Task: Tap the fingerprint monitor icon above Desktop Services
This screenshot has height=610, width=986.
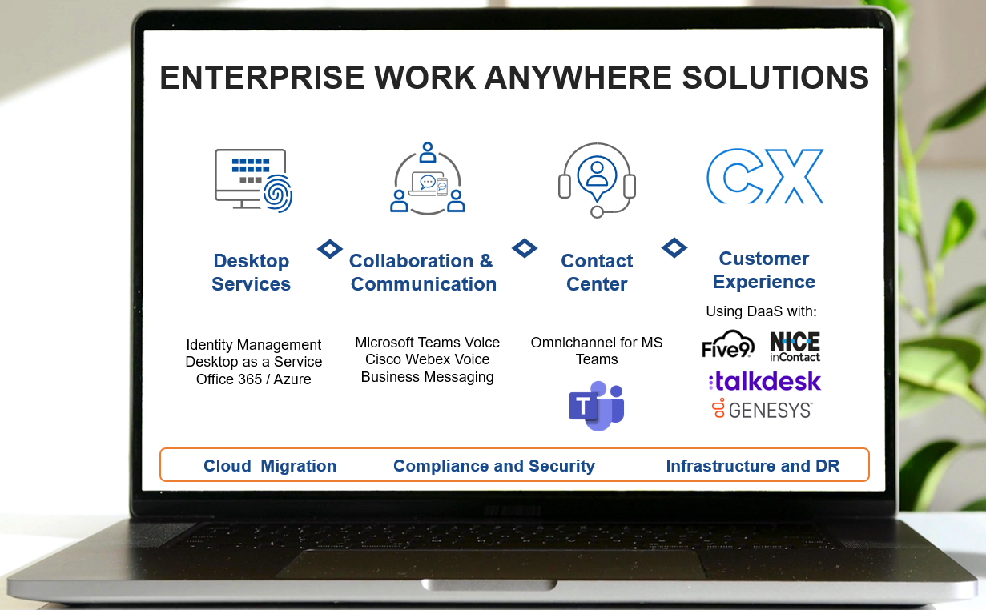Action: coord(252,180)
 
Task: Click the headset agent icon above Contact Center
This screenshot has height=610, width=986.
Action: coord(597,179)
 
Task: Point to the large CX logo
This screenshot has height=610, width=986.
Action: coord(765,176)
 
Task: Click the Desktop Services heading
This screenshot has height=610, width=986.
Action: coord(251,272)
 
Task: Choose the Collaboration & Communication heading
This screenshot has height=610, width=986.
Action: coord(423,272)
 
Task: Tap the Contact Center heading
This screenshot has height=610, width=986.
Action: coord(597,272)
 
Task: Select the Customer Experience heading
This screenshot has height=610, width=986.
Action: coord(764,270)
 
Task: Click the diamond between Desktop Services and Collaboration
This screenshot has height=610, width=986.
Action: coord(330,249)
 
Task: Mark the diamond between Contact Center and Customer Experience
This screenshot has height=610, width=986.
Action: coord(674,248)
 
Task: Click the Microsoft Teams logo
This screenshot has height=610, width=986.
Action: coord(596,407)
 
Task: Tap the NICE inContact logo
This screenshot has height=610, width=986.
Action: coord(795,346)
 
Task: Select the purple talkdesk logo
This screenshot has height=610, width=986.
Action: coord(764,381)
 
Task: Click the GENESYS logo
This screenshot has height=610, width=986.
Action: coord(762,410)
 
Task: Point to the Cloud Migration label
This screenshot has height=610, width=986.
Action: coord(270,466)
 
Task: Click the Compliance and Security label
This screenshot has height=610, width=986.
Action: coord(494,466)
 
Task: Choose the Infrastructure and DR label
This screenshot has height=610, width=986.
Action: coord(752,466)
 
